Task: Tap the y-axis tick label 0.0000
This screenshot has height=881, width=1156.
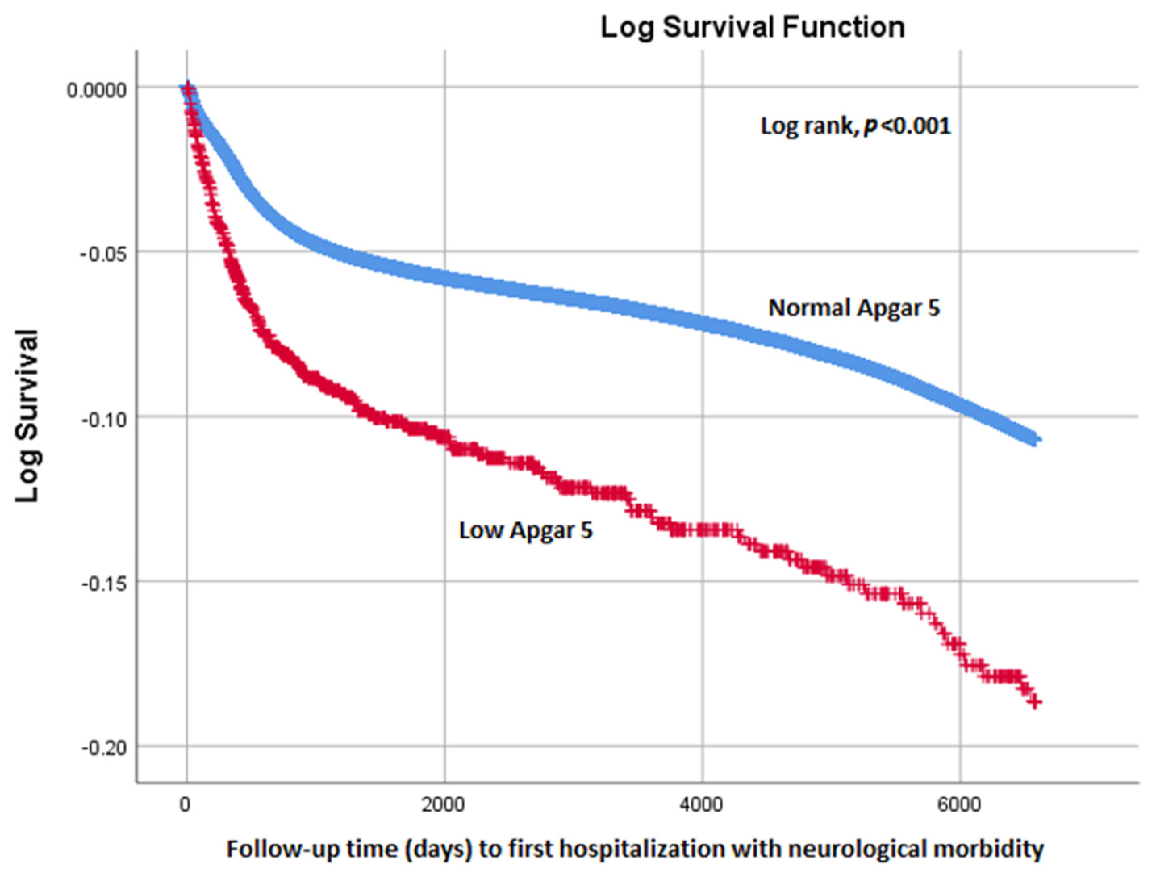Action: pyautogui.click(x=89, y=90)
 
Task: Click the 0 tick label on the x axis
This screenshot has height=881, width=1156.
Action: pyautogui.click(x=184, y=805)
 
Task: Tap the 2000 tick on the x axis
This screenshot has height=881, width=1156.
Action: pyautogui.click(x=443, y=805)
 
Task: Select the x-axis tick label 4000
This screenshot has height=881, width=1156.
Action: pyautogui.click(x=702, y=805)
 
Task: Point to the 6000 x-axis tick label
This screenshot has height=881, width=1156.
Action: pyautogui.click(x=960, y=805)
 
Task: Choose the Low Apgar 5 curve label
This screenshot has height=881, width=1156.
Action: pyautogui.click(x=526, y=530)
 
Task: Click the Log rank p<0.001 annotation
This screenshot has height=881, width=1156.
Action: pyautogui.click(x=855, y=126)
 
